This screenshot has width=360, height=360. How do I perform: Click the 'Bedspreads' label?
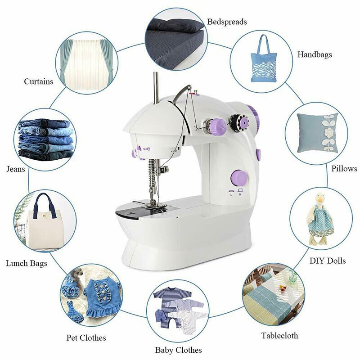227,22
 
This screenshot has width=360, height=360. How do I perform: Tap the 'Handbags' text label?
315,54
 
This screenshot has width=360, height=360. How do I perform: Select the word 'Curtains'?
38,81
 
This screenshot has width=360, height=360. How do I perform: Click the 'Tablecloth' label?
279,335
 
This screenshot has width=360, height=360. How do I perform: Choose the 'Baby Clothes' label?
178,350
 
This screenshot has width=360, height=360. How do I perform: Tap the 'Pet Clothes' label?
86,337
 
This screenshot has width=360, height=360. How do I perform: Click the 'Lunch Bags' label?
26,263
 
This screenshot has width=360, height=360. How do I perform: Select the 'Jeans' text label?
16,169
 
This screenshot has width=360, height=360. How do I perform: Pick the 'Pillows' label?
344,169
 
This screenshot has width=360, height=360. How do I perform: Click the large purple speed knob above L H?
237,177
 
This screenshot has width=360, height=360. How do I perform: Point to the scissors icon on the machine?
146,147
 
